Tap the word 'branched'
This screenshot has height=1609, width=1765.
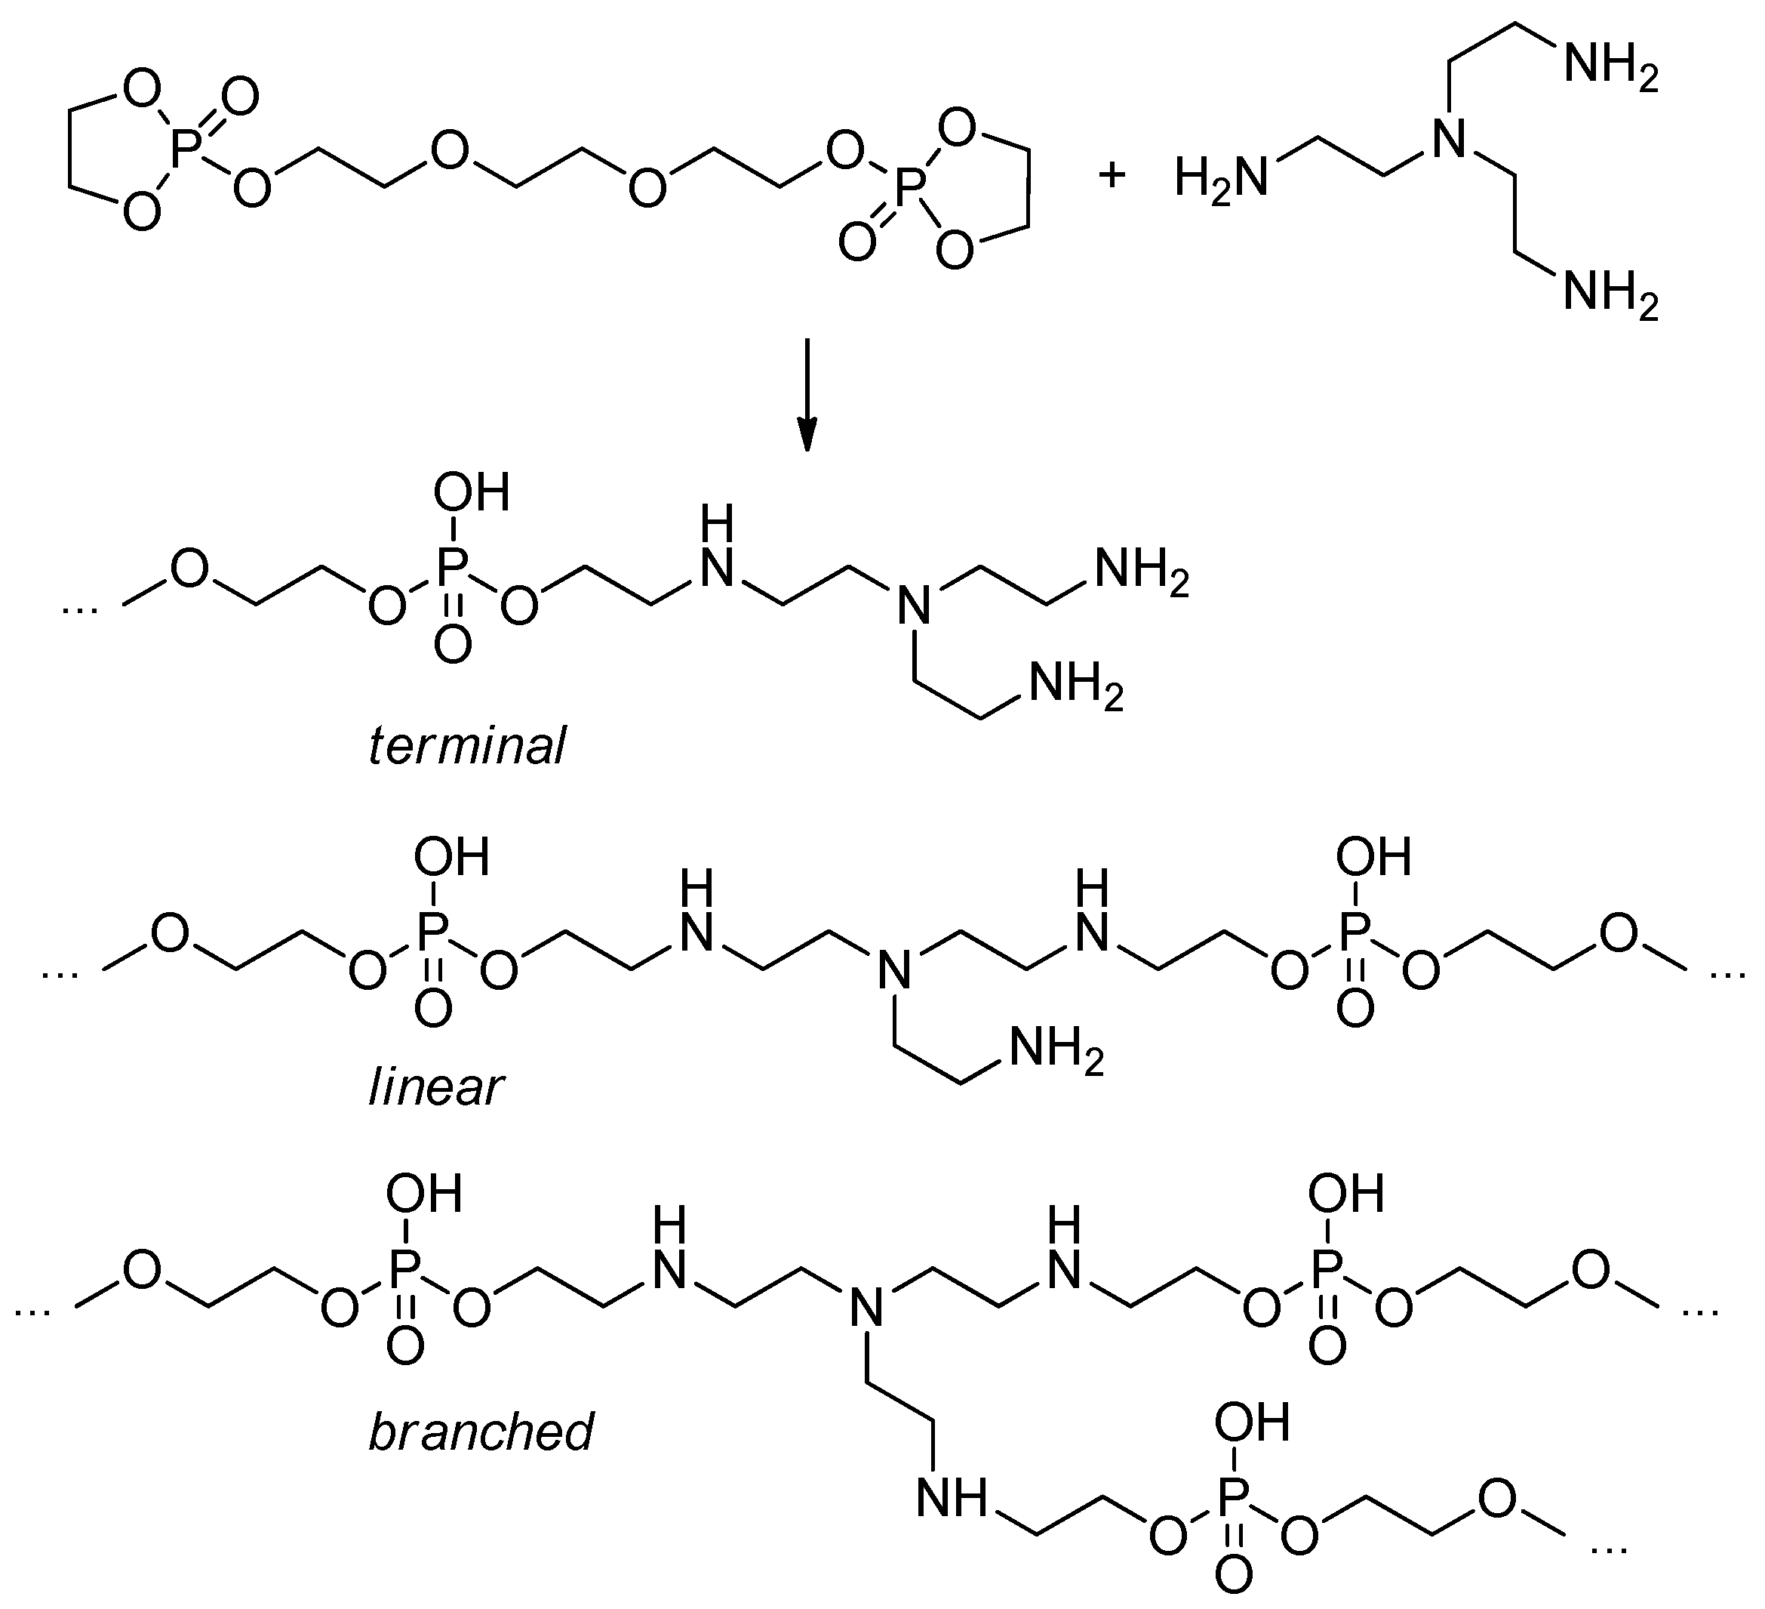(481, 1432)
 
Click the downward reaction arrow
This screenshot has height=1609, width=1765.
(807, 394)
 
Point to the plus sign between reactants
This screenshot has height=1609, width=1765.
(1112, 175)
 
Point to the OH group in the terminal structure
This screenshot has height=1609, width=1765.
(471, 492)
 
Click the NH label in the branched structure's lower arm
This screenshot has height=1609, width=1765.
(951, 1498)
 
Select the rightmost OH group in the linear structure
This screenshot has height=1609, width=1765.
(1373, 857)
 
